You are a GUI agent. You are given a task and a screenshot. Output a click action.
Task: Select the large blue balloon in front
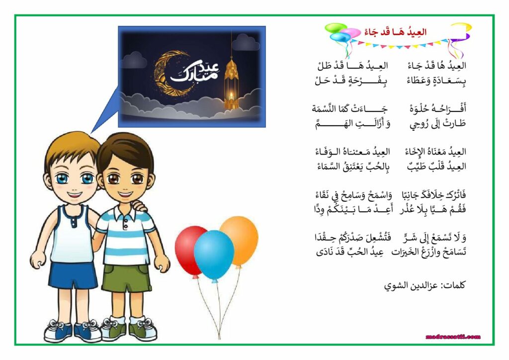(x=214, y=255)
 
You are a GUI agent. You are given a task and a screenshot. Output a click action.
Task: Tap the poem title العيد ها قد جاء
(x=395, y=32)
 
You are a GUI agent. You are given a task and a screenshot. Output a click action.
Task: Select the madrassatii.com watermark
(x=453, y=337)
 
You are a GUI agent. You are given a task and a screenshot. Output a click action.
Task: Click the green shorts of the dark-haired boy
(x=127, y=277)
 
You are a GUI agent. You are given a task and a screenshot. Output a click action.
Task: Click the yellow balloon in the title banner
(x=461, y=27)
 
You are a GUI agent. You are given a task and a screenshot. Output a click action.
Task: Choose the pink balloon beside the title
(x=351, y=33)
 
